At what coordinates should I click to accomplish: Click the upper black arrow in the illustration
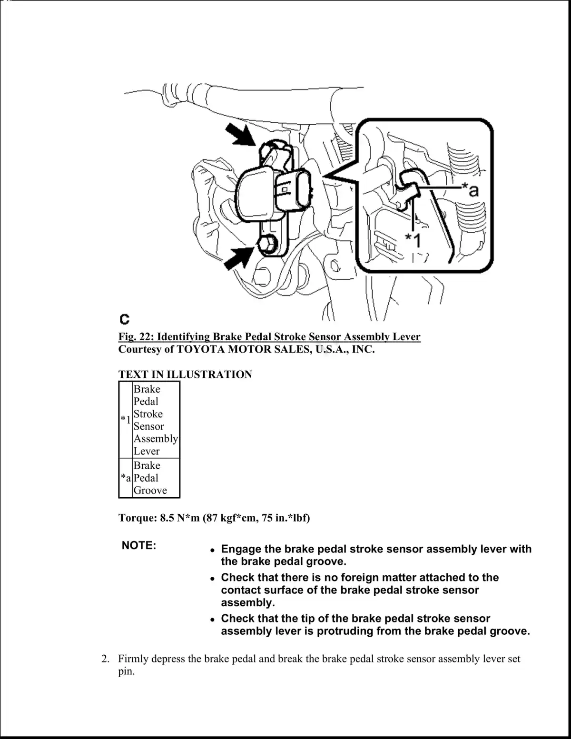(241, 133)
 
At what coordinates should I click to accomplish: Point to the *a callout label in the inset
(471, 190)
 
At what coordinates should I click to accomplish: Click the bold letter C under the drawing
(124, 318)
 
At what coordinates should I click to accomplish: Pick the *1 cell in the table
(126, 420)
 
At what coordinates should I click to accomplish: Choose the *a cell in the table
(126, 478)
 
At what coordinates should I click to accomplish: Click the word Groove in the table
(150, 490)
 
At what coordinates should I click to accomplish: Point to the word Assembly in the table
(156, 438)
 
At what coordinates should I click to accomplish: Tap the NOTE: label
(139, 545)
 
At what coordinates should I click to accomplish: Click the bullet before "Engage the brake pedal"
(213, 550)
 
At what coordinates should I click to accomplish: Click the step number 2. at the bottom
(106, 659)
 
